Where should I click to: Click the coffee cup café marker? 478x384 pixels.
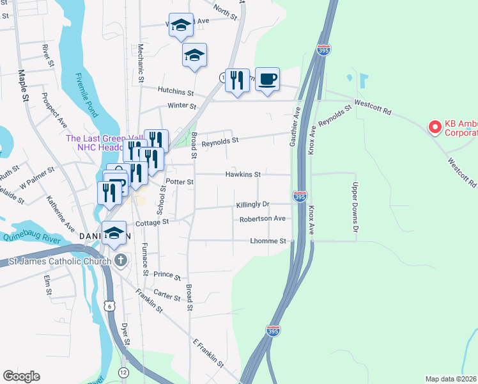[267, 80]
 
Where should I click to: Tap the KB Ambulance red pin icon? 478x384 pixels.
[435, 127]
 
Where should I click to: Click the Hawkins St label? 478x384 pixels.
[243, 174]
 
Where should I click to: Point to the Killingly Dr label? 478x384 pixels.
[253, 204]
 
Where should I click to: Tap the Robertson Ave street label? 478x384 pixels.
[262, 219]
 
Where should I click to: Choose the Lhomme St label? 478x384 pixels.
[268, 241]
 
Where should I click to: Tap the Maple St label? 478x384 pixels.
[24, 86]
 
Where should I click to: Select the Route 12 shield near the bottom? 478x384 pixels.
[123, 372]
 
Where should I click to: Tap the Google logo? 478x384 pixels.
[21, 376]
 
